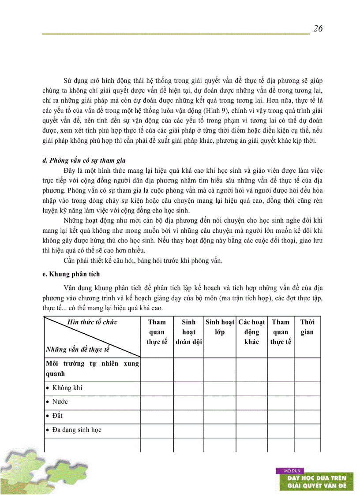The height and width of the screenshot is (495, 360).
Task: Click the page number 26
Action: click(x=318, y=29)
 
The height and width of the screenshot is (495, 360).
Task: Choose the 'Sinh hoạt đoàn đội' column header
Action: click(x=188, y=332)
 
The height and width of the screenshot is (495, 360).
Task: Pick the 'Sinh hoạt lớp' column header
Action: click(x=220, y=327)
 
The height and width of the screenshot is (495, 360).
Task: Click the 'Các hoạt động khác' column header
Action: click(x=251, y=332)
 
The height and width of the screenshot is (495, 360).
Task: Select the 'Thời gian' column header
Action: click(x=307, y=327)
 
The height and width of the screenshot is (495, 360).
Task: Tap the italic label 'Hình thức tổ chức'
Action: click(x=92, y=322)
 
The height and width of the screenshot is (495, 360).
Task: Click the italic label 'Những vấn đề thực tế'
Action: click(x=77, y=350)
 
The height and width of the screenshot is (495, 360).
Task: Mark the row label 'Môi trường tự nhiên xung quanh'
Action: click(x=92, y=368)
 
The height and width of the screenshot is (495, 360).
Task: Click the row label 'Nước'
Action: click(x=60, y=402)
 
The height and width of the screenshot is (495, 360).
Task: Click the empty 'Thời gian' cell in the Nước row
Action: click(x=307, y=402)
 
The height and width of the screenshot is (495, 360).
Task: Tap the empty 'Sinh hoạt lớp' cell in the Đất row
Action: click(x=220, y=416)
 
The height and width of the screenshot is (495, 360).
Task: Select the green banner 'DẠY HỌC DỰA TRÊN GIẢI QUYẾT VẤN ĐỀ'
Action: click(x=317, y=482)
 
